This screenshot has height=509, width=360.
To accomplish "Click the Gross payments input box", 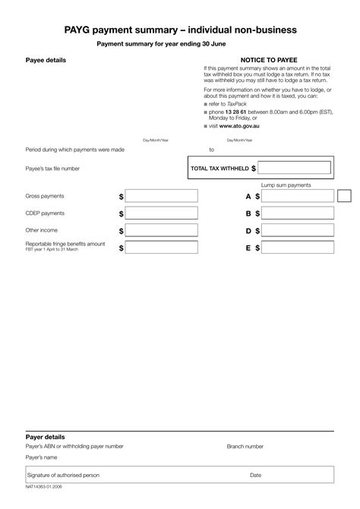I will point(161,196).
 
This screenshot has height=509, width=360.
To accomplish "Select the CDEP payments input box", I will point(161,213).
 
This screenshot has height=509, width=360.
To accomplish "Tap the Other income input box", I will point(161,230).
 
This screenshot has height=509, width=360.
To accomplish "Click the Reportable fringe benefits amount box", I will point(161,248).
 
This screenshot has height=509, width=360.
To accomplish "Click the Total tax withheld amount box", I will point(295,168).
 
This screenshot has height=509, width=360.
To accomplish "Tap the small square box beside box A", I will point(344,196).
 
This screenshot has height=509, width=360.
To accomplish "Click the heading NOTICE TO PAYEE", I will point(269,59).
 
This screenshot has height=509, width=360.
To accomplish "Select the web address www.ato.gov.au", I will point(241,127).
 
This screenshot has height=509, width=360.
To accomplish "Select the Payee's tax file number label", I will point(52,169).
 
